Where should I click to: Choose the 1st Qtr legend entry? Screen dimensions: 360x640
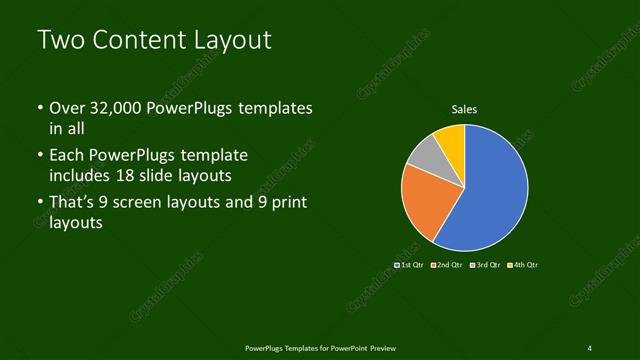(x=410, y=265)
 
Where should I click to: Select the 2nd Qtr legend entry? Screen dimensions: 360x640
(x=447, y=265)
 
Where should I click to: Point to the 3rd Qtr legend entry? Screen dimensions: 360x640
(x=486, y=265)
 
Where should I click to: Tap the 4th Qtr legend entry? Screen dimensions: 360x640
(x=523, y=265)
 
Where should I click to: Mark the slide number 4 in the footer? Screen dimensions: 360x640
(x=590, y=347)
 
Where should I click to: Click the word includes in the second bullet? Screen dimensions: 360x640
(x=80, y=175)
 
